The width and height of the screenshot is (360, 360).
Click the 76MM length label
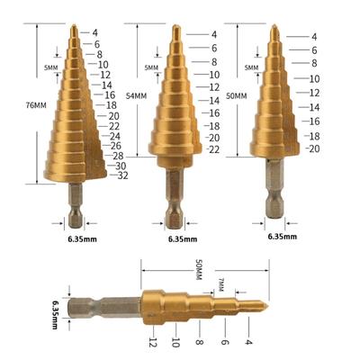[x=36, y=105]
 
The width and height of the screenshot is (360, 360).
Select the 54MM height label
[x=137, y=96]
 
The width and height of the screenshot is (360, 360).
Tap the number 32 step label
[x=122, y=175]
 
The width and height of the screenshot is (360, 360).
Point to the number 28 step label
[x=118, y=156]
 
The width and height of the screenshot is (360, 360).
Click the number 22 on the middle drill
[x=214, y=149]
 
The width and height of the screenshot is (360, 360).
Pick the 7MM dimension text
[x=221, y=285]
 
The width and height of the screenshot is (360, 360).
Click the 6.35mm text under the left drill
[x=82, y=239]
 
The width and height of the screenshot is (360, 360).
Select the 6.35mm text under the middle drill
[x=183, y=239]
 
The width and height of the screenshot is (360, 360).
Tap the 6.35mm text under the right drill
[x=283, y=237]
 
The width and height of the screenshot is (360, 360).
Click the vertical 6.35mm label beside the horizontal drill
[x=56, y=311]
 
